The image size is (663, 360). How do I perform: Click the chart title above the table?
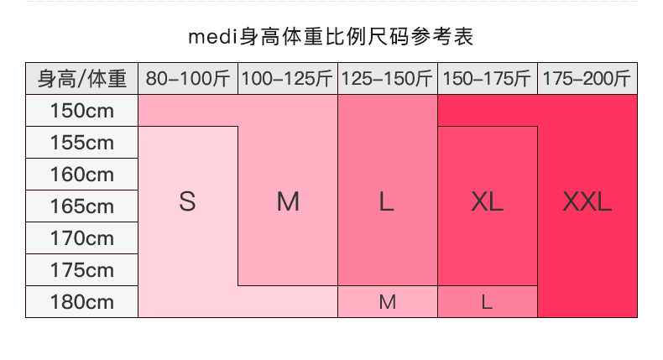[x=331, y=37]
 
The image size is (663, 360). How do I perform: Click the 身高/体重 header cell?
[x=82, y=79]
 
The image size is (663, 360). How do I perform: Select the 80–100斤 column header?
[x=188, y=79]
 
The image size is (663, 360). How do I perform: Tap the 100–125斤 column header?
[x=288, y=79]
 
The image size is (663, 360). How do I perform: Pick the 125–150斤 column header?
[x=387, y=79]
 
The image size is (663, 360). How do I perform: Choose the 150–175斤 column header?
[x=487, y=79]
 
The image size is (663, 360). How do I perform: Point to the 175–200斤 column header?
[x=587, y=79]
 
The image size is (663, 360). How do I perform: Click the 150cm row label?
[x=82, y=111]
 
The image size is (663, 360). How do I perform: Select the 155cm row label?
[x=82, y=143]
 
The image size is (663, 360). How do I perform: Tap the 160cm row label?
[x=82, y=175]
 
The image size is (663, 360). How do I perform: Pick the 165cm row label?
[x=82, y=206]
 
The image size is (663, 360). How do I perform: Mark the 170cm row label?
[x=82, y=238]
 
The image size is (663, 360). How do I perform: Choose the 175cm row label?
[x=82, y=270]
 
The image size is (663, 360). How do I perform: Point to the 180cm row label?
[x=82, y=302]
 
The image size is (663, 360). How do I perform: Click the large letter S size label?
[x=187, y=202]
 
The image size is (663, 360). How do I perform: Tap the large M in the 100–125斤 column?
[x=288, y=202]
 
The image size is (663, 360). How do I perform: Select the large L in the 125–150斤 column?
[x=386, y=202]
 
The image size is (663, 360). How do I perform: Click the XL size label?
[x=487, y=202]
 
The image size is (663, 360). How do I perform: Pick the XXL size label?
[x=587, y=202]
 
